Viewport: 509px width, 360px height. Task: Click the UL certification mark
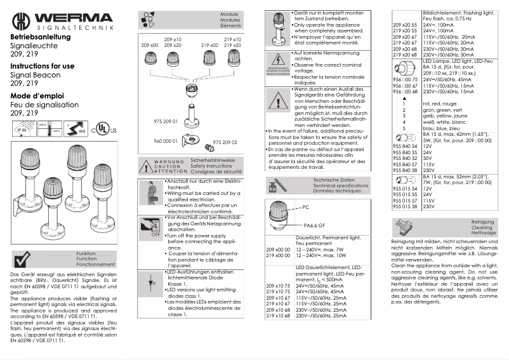click(x=105, y=130)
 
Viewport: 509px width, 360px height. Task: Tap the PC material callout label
click(x=305, y=207)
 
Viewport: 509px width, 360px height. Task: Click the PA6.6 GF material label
click(x=314, y=225)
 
